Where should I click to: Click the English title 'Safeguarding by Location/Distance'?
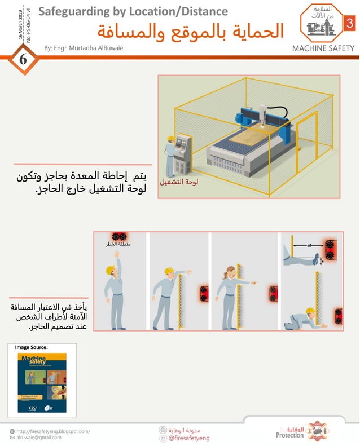coord(133,11)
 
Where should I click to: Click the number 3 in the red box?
coord(349,24)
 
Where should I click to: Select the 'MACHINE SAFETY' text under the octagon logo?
coord(323,48)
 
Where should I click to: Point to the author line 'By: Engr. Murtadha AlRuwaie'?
coord(84,48)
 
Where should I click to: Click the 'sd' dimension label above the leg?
coord(309,246)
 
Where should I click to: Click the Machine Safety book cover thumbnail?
coord(42,382)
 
